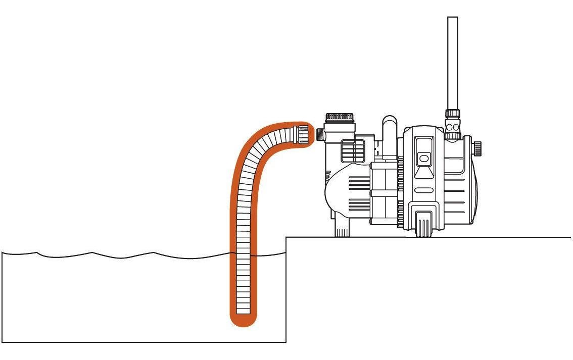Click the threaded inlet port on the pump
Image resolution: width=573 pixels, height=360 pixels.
[x=320, y=135]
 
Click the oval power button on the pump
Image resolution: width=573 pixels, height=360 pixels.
[x=423, y=159]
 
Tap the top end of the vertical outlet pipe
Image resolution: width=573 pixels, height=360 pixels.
[x=453, y=20]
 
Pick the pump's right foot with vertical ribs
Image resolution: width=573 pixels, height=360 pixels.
[x=423, y=224]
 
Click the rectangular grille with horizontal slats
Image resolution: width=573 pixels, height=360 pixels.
[x=353, y=150]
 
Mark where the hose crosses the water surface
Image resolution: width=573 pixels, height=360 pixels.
[x=244, y=254]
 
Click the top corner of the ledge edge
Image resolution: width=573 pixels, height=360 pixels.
[x=287, y=237]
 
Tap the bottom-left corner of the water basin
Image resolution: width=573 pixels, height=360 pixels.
[x=3, y=342]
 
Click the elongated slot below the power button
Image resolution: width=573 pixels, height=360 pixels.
[x=423, y=191]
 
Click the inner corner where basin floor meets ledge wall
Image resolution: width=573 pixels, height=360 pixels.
[x=286, y=342]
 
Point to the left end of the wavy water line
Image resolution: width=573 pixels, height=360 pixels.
[x=3, y=252]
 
